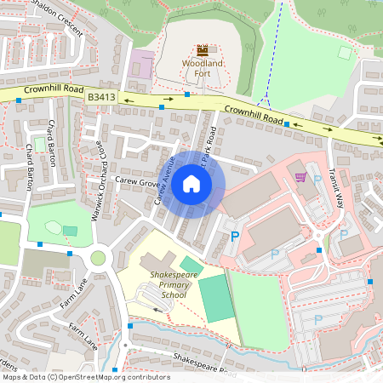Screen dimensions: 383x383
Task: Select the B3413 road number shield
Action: click(x=100, y=99)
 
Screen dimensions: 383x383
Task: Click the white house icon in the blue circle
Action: click(x=191, y=183)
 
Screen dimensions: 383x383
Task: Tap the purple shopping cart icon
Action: click(x=300, y=176)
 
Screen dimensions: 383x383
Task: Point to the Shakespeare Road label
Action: click(x=204, y=363)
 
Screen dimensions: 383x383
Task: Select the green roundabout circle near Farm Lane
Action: click(x=98, y=258)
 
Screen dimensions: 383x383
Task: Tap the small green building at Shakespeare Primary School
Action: click(x=192, y=266)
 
